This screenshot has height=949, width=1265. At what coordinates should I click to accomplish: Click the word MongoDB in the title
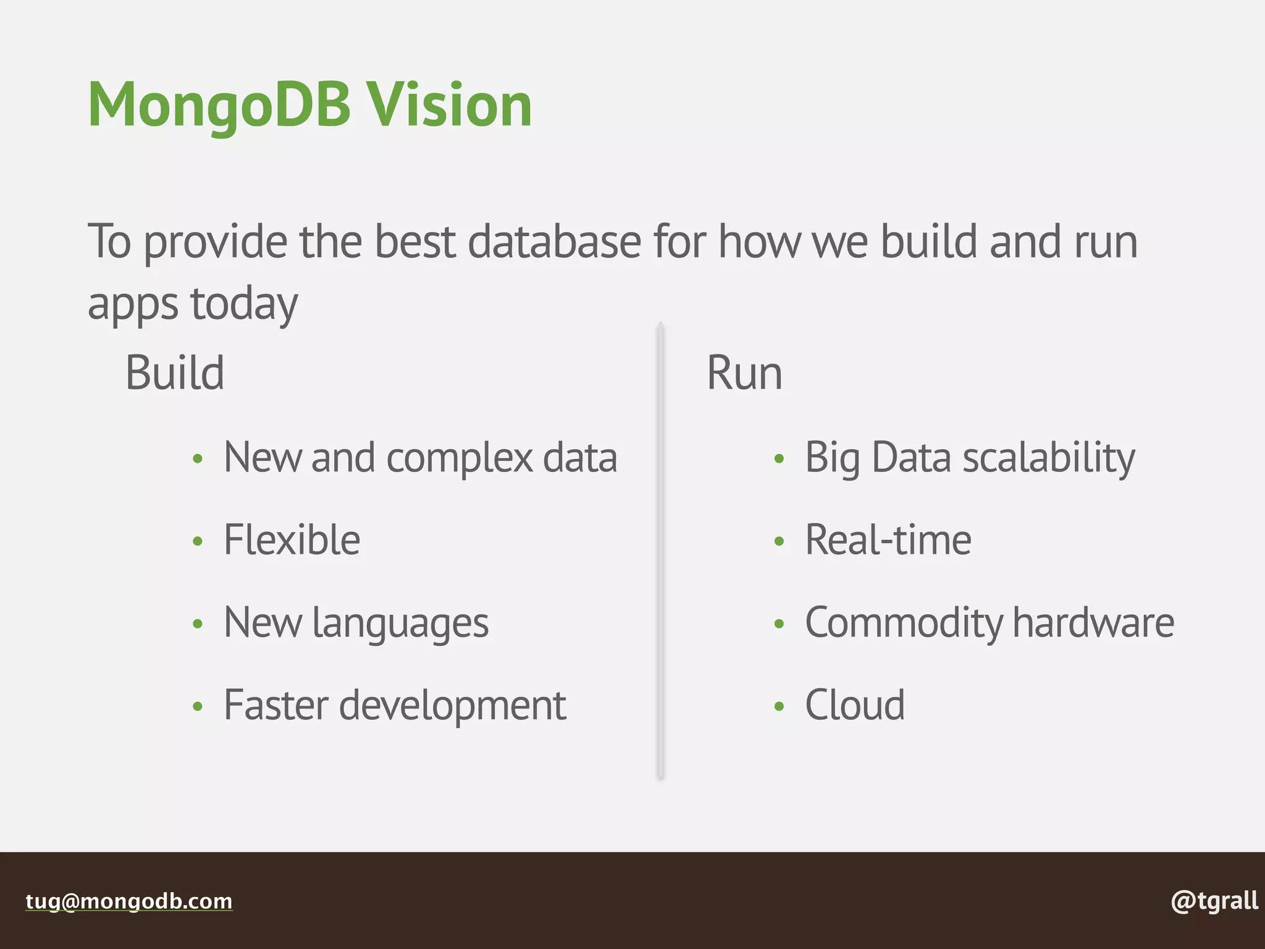click(x=219, y=106)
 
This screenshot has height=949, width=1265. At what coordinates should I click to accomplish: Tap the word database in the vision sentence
click(x=554, y=242)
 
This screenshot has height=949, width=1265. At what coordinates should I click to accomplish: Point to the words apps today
click(x=193, y=304)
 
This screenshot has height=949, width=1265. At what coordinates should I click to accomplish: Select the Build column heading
click(x=175, y=373)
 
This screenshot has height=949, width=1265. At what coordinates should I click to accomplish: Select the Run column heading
click(x=744, y=373)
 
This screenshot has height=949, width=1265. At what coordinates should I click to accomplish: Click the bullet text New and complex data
click(x=420, y=458)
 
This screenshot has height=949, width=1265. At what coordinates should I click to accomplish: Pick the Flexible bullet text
click(x=292, y=540)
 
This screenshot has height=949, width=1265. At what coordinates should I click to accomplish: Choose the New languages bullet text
click(x=356, y=623)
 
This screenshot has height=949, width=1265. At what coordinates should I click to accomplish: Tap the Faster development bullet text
click(x=395, y=706)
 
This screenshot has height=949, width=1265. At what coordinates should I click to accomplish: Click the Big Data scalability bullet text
click(x=970, y=458)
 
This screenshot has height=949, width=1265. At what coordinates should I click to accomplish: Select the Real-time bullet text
click(x=888, y=540)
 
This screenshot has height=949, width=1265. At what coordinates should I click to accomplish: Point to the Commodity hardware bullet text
click(x=989, y=623)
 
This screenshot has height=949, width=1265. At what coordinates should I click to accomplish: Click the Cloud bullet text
click(x=855, y=706)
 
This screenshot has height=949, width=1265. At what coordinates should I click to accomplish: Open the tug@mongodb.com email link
click(x=129, y=901)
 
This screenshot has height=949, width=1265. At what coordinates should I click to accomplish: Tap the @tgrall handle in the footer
click(x=1214, y=901)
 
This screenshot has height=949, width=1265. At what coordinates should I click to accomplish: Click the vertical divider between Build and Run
click(x=660, y=550)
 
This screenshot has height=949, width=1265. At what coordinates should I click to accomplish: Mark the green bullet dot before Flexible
click(x=198, y=542)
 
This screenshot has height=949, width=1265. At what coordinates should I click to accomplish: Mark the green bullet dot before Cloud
click(x=779, y=706)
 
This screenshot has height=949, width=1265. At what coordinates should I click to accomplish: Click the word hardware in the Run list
click(x=1093, y=623)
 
